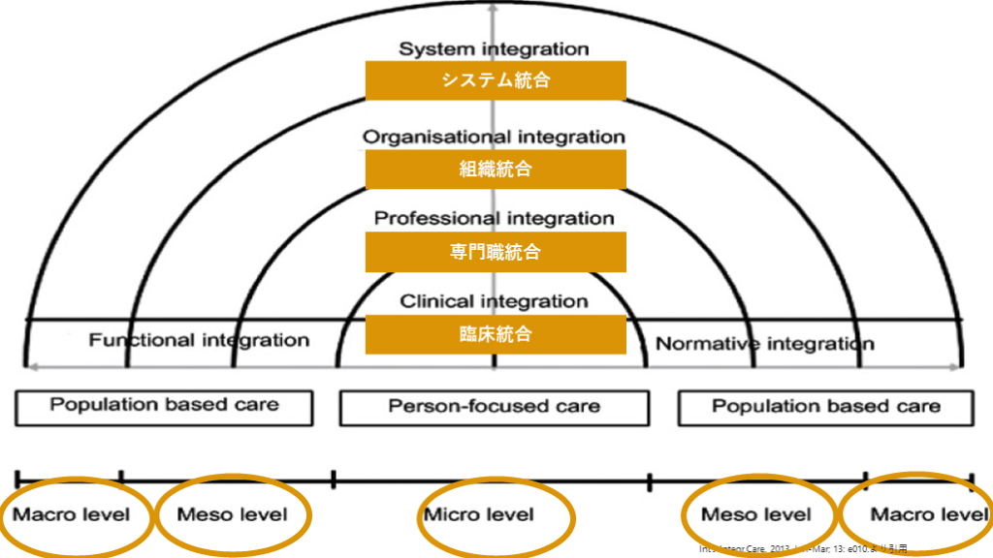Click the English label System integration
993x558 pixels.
[494, 48]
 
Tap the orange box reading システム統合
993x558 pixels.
[496, 80]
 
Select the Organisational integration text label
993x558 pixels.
[494, 137]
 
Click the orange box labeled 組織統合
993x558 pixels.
[496, 170]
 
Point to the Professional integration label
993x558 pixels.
[494, 218]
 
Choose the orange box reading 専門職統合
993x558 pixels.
[496, 252]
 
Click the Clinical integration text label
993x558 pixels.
[494, 301]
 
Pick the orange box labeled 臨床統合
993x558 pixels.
[496, 334]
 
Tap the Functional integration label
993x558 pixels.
[199, 340]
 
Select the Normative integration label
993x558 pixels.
[765, 343]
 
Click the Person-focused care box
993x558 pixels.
[495, 406]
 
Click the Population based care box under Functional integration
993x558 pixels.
[164, 406]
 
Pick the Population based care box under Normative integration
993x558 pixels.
[825, 407]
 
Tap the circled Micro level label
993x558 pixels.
[479, 514]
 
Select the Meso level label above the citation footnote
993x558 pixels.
[755, 514]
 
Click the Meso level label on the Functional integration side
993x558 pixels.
[232, 514]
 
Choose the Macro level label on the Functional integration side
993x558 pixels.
[71, 514]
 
